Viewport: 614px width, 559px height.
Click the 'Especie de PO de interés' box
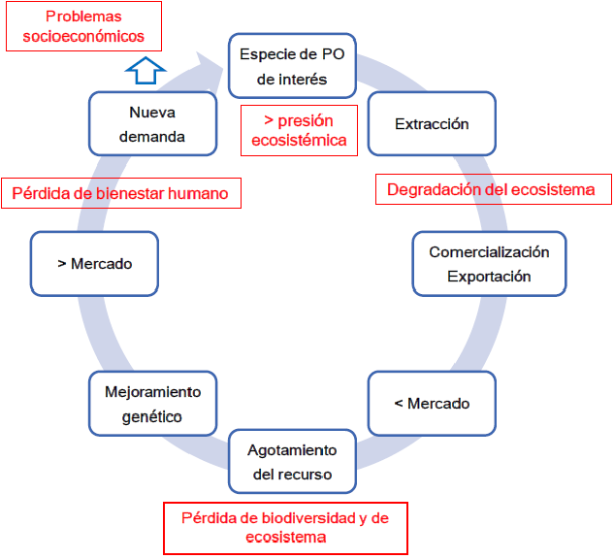[291, 66]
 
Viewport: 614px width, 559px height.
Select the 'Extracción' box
[432, 124]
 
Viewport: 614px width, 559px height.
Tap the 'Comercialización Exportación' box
[489, 264]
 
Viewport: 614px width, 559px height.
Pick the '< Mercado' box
[432, 404]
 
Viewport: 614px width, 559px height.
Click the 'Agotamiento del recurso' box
[292, 462]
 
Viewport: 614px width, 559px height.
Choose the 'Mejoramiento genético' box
[152, 404]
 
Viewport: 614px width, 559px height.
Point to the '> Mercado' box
[94, 263]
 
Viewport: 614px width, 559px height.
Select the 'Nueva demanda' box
[151, 124]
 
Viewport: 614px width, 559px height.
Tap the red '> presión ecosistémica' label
[299, 130]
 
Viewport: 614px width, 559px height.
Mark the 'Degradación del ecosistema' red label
[492, 189]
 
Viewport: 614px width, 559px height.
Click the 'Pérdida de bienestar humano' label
[120, 193]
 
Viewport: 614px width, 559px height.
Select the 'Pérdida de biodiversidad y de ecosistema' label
[284, 527]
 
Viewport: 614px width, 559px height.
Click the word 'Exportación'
[489, 276]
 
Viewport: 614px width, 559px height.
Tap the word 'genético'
[152, 416]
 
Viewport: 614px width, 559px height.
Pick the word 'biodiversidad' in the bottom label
[292, 518]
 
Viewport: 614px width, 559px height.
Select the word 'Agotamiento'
[292, 450]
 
